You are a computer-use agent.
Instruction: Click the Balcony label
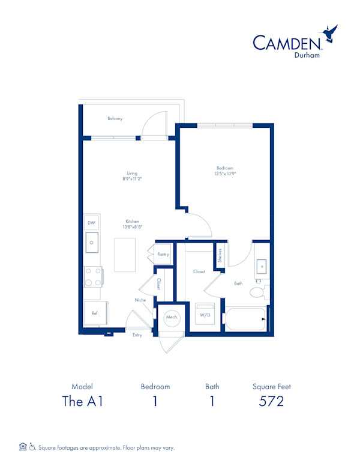point(115,119)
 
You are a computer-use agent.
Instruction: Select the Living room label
point(132,174)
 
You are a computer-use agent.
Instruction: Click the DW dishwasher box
point(91,223)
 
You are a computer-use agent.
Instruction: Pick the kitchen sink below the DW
point(92,243)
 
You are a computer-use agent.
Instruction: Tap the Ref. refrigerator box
point(94,313)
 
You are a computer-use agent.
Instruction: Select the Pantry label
point(163,255)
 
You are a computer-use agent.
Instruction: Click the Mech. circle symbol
point(170,316)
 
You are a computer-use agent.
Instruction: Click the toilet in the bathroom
point(259,293)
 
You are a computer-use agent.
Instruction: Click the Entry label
point(137,335)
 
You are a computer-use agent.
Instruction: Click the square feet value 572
point(272,402)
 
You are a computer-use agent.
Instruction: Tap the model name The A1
point(83,402)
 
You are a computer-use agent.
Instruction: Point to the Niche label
point(140,300)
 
